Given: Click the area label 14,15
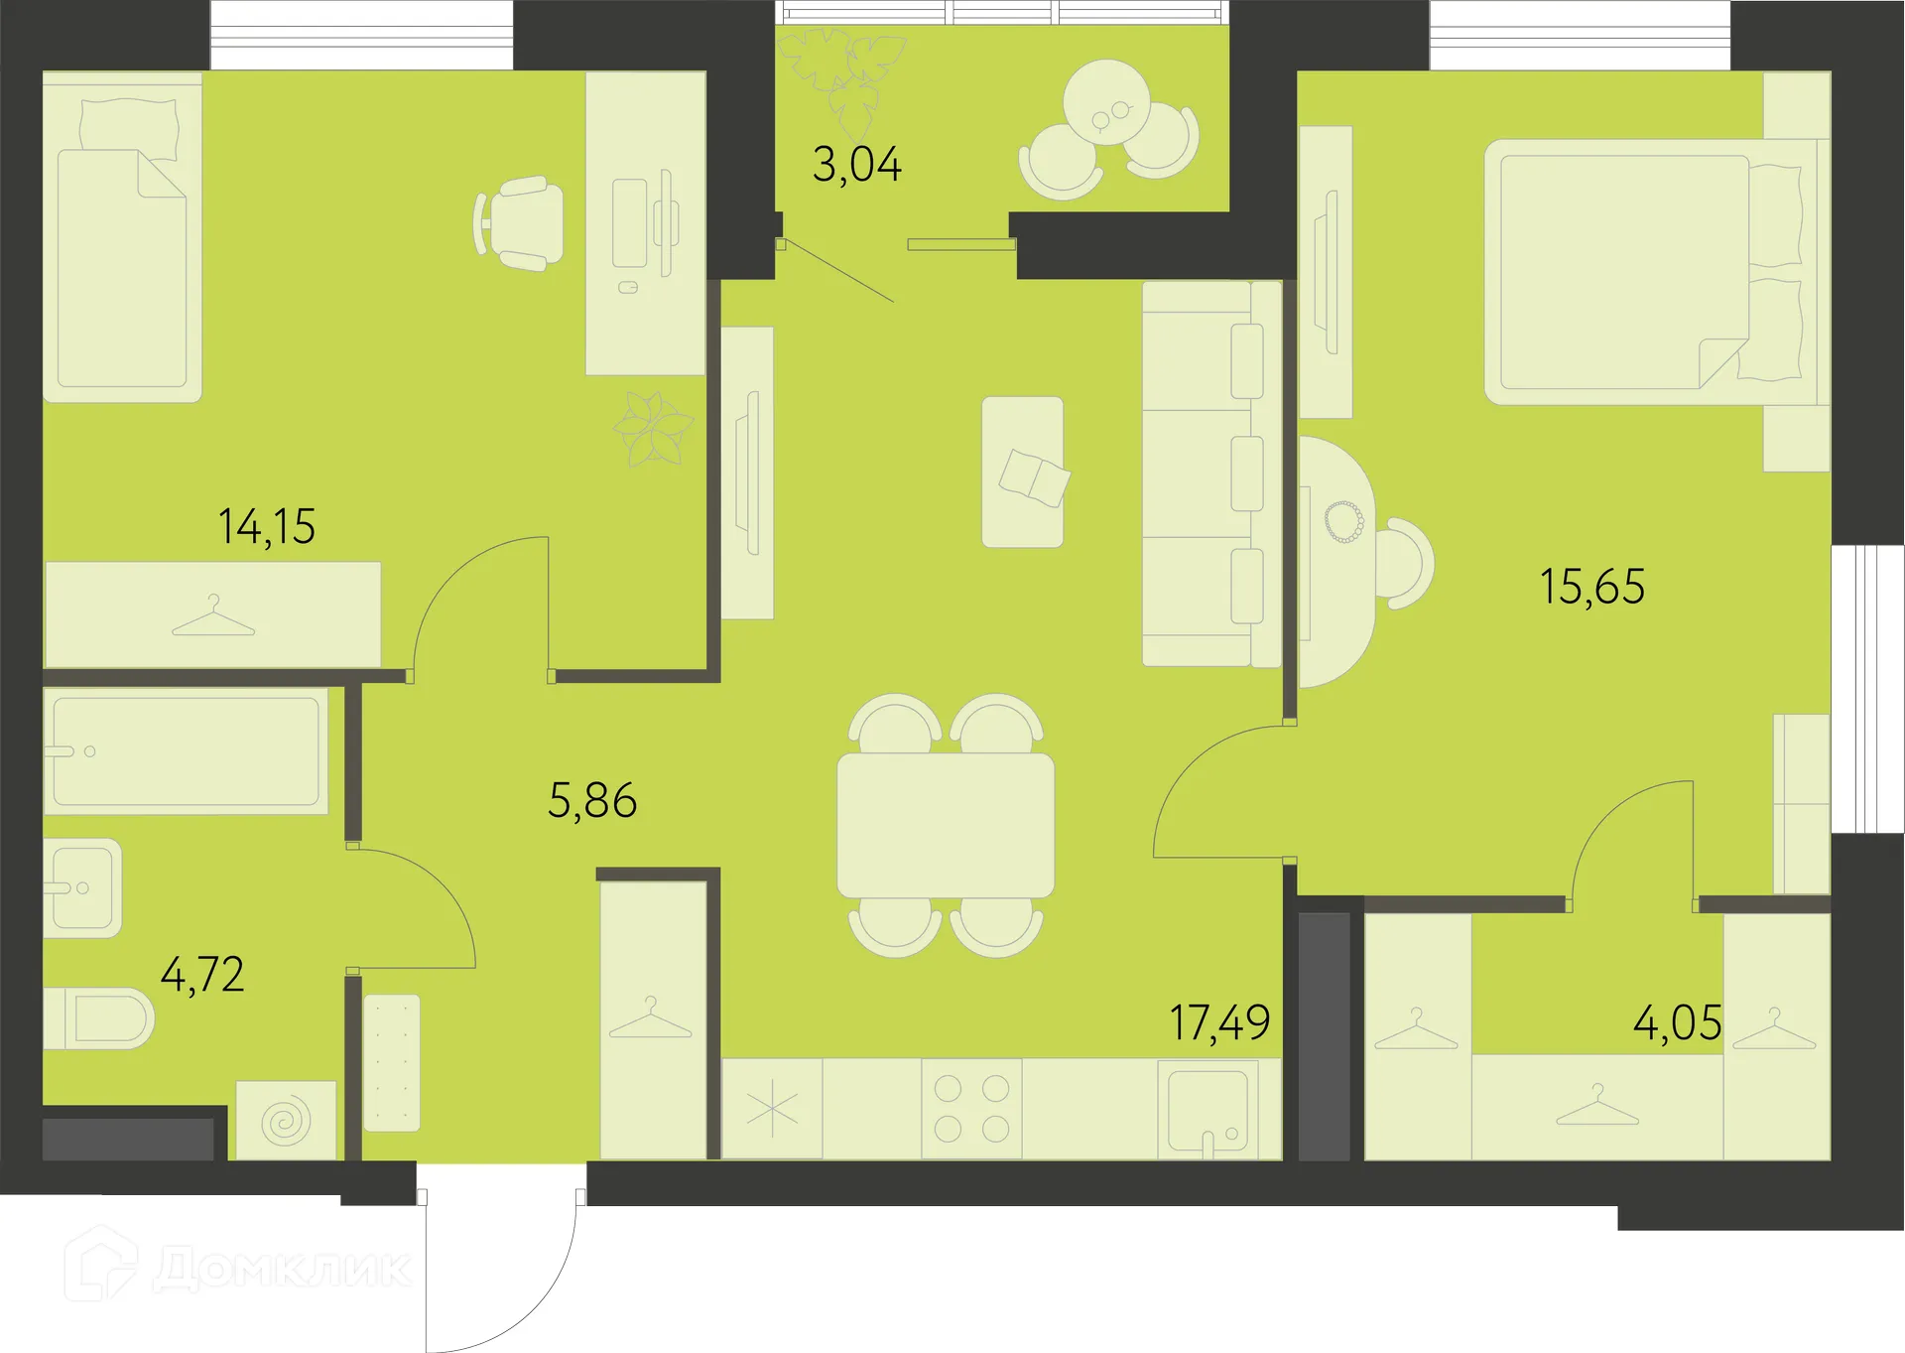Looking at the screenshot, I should coord(267,526).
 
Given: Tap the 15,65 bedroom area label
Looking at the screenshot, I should coord(1592,587).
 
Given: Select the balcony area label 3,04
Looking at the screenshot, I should coord(857,165).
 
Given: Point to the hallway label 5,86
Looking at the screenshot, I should coord(592,800).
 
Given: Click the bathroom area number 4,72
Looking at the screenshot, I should coord(202,975).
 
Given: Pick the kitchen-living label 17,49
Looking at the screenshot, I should coord(1219,1022).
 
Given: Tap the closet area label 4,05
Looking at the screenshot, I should coord(1677,1022).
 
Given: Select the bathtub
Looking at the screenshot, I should coord(187,751).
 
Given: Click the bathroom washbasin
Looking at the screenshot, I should coord(82,887).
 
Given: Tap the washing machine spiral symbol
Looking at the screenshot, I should coord(286,1121).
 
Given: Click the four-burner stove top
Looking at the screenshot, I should coord(971,1108).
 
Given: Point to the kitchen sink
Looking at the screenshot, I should coord(1207,1108).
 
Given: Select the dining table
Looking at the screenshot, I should coord(946,825).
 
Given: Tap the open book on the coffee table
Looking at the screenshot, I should coord(1034,476).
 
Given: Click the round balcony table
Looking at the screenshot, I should coord(1106,103).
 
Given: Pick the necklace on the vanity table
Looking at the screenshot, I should coord(1344,522).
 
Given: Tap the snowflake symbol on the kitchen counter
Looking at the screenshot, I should coord(772,1109).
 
